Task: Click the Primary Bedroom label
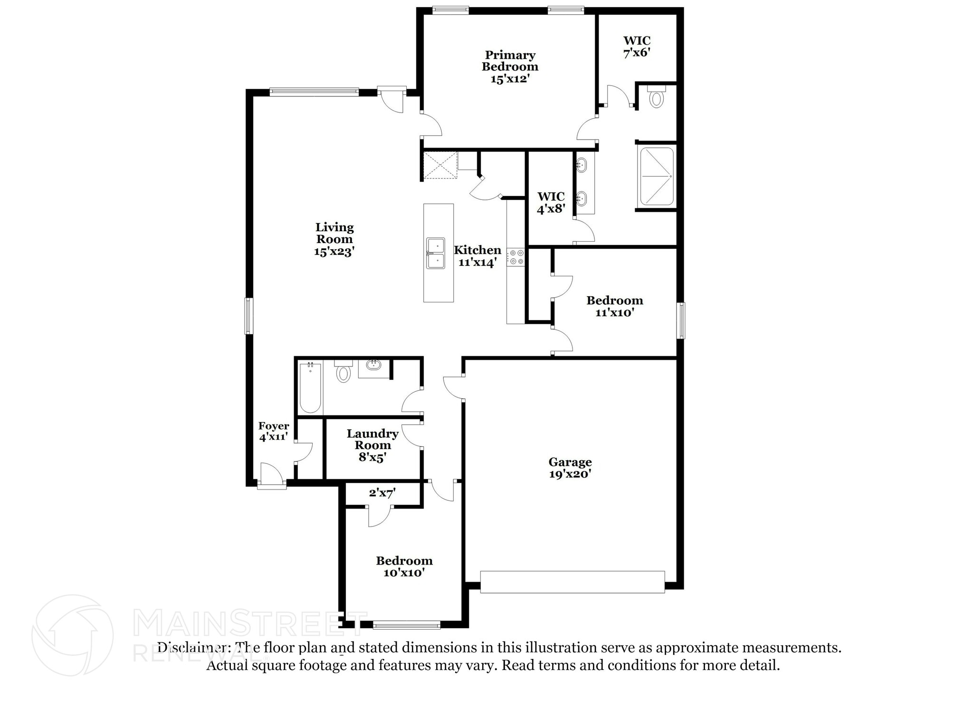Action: pyautogui.click(x=510, y=67)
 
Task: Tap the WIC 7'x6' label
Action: pyautogui.click(x=637, y=47)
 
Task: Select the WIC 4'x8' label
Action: pyautogui.click(x=551, y=203)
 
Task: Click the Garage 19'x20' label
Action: pyautogui.click(x=570, y=468)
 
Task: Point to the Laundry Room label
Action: pyautogui.click(x=372, y=445)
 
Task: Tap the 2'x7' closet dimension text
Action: pyautogui.click(x=382, y=493)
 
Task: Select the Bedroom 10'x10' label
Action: pyautogui.click(x=404, y=566)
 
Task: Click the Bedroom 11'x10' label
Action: pyautogui.click(x=614, y=306)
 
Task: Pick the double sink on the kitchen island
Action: pyautogui.click(x=435, y=254)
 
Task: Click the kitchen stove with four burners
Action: pyautogui.click(x=515, y=257)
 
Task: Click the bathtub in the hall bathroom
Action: pyautogui.click(x=310, y=387)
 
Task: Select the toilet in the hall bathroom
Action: pyautogui.click(x=343, y=372)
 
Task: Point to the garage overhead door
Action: pyautogui.click(x=572, y=582)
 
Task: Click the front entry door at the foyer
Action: pyautogui.click(x=271, y=476)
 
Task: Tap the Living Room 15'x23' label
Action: pyautogui.click(x=334, y=239)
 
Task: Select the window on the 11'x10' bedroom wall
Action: pyautogui.click(x=681, y=321)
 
